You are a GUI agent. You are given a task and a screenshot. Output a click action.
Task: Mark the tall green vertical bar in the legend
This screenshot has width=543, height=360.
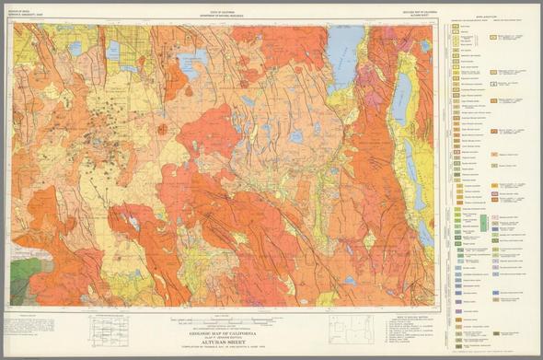(x=484, y=222)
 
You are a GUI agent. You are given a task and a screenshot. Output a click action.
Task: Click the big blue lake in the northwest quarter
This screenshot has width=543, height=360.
(x=191, y=64)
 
